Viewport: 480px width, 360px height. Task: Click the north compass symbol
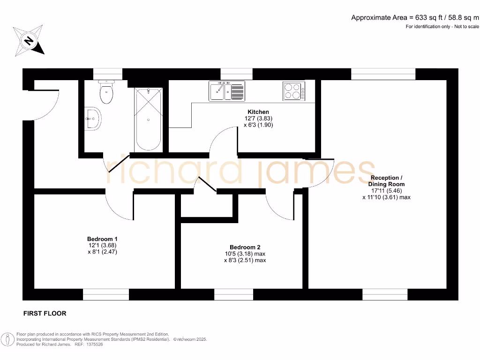pyautogui.click(x=29, y=41)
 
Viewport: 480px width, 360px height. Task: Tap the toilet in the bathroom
pyautogui.click(x=106, y=92)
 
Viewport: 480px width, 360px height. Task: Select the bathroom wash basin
pyautogui.click(x=93, y=119)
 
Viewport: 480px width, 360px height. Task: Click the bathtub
pyautogui.click(x=148, y=119)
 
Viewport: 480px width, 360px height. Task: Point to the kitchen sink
pyautogui.click(x=227, y=91)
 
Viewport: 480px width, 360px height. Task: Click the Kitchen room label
pyautogui.click(x=258, y=112)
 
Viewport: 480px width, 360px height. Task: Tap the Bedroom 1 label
pyautogui.click(x=102, y=239)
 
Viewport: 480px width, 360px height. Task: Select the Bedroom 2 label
pyautogui.click(x=245, y=247)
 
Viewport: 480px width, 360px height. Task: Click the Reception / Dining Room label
pyautogui.click(x=386, y=181)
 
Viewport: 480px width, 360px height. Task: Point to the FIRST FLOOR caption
pyautogui.click(x=45, y=313)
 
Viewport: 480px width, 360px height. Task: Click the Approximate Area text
pyautogui.click(x=415, y=18)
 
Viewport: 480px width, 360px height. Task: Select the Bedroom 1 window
pyautogui.click(x=106, y=294)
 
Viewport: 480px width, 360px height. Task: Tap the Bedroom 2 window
pyautogui.click(x=233, y=294)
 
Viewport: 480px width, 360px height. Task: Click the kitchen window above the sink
pyautogui.click(x=236, y=74)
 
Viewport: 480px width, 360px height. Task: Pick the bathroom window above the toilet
pyautogui.click(x=108, y=74)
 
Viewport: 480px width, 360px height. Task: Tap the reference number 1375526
pyautogui.click(x=92, y=344)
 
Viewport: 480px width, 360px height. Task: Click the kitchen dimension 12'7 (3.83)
pyautogui.click(x=258, y=119)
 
